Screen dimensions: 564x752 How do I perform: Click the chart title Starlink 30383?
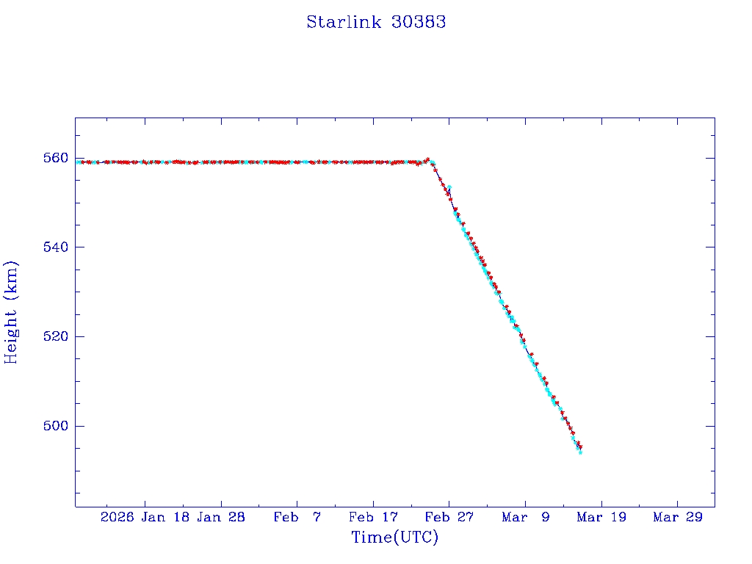click(x=376, y=22)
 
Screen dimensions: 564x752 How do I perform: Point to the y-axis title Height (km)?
click(x=12, y=312)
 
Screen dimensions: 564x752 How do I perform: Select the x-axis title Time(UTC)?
click(x=394, y=538)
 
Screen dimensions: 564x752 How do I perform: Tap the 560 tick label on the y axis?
click(x=56, y=158)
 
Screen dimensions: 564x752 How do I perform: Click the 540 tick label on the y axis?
click(x=56, y=247)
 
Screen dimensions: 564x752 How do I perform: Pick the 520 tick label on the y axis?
click(x=56, y=337)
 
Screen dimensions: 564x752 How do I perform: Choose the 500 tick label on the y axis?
click(x=56, y=427)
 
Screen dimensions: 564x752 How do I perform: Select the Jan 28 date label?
click(x=221, y=518)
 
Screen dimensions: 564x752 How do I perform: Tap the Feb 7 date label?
click(x=297, y=518)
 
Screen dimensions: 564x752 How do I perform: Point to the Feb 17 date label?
click(x=373, y=518)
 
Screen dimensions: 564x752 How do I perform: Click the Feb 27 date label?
click(x=449, y=518)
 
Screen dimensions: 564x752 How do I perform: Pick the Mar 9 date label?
click(x=525, y=518)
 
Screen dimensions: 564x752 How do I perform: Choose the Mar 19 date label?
click(x=601, y=518)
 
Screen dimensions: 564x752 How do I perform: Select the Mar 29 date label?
click(x=677, y=518)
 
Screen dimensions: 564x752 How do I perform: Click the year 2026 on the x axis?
click(x=117, y=518)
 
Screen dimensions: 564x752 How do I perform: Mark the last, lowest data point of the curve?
click(x=580, y=452)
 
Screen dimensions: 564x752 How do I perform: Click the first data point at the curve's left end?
click(x=77, y=162)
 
